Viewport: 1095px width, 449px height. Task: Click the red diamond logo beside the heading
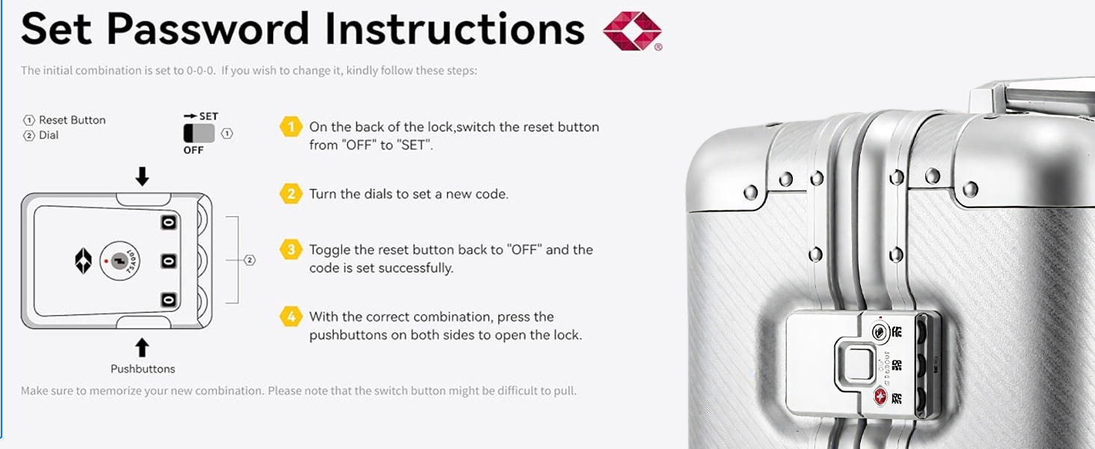(632, 31)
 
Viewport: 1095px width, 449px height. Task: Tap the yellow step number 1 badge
(291, 127)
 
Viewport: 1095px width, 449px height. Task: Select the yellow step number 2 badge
(291, 194)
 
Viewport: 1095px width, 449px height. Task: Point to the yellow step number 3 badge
(291, 249)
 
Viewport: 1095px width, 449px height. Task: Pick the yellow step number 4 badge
(291, 317)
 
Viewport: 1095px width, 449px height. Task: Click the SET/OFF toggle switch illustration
(199, 133)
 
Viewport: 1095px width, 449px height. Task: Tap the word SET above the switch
(209, 117)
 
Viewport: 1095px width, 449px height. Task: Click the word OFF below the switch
(194, 150)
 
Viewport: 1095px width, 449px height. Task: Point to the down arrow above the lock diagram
(142, 176)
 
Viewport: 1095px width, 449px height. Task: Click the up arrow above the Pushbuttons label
(142, 347)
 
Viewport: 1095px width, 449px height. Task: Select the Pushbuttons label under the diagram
(143, 369)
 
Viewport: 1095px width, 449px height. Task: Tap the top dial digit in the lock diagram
(168, 222)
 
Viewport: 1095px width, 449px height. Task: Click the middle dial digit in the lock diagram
(168, 261)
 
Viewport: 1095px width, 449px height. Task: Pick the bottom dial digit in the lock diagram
(168, 299)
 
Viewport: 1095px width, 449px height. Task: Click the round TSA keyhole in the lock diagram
(120, 261)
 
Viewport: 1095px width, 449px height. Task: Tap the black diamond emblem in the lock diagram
(83, 261)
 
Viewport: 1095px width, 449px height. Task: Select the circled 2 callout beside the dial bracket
(250, 260)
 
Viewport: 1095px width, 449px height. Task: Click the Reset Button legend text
(73, 120)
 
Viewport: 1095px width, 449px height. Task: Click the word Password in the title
(208, 29)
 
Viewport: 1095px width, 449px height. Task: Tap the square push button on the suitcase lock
(856, 367)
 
